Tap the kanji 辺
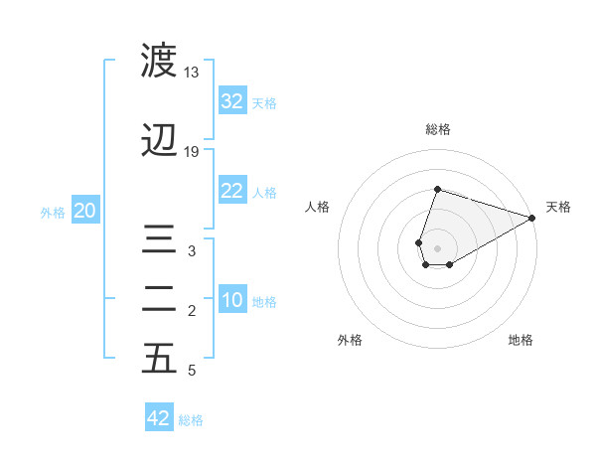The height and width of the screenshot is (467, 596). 159,141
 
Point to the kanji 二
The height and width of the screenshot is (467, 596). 159,299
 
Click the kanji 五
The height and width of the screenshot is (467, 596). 159,359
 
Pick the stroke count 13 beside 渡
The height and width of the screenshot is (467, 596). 191,73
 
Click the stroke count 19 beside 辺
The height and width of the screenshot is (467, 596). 191,152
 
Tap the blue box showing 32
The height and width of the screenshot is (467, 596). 232,101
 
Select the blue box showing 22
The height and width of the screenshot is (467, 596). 232,191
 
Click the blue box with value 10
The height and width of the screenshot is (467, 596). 232,300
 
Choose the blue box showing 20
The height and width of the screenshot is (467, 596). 85,211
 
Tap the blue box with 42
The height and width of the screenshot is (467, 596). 159,418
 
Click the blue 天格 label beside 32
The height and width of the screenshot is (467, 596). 264,102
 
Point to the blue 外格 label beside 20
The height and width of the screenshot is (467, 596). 53,212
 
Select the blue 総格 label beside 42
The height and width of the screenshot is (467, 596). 191,419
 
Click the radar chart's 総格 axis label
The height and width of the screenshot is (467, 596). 437,130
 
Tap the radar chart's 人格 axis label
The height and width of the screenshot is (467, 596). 318,207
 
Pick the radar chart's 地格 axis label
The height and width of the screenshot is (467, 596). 521,340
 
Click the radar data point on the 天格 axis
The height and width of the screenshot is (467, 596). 532,218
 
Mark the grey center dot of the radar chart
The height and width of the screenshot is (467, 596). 437,246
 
